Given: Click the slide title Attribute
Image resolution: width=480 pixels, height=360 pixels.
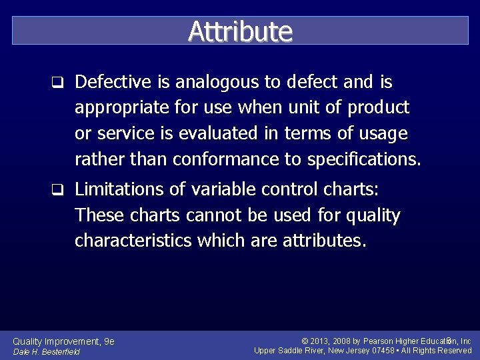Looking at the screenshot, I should [x=240, y=31].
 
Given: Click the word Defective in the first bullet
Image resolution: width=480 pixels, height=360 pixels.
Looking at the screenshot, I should [x=115, y=83].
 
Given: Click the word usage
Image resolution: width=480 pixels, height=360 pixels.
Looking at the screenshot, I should [x=382, y=134].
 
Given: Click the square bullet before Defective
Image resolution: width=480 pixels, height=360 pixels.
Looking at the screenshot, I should [x=58, y=83].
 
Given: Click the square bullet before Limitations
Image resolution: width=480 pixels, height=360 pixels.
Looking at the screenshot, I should [x=58, y=190].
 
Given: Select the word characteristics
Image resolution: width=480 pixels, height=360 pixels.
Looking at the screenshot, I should [x=133, y=241].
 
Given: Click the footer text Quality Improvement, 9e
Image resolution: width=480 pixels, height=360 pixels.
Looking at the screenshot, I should [x=64, y=341].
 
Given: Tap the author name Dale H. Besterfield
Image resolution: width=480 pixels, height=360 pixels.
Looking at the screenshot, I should [x=47, y=352].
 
